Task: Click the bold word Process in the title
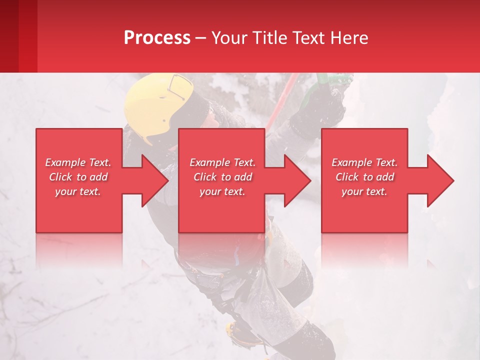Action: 157,37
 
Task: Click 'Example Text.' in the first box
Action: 78,162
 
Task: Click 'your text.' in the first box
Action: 78,191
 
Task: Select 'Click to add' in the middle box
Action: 222,177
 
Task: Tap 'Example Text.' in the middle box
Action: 222,162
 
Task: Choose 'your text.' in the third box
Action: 364,191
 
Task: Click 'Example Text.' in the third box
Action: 364,162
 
